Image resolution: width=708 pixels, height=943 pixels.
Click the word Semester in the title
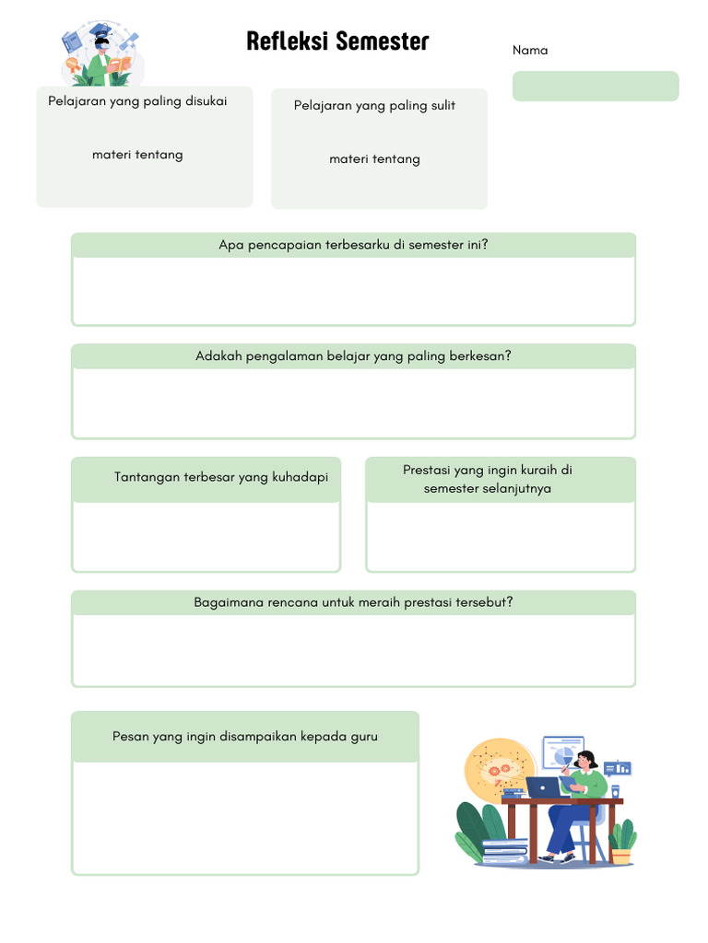pyautogui.click(x=383, y=41)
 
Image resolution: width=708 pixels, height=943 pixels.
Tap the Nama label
pyautogui.click(x=530, y=50)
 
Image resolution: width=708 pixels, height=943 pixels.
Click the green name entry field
pyautogui.click(x=596, y=86)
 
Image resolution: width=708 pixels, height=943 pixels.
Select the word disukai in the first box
pyautogui.click(x=206, y=100)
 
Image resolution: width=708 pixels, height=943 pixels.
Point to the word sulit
pyautogui.click(x=443, y=105)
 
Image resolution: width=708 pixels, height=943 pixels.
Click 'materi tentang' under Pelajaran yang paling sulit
pyautogui.click(x=374, y=158)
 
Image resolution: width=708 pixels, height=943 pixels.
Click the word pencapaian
pyautogui.click(x=285, y=245)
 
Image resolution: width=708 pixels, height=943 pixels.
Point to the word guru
pyautogui.click(x=364, y=737)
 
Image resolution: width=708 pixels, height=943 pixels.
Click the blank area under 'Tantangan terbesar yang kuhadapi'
pyautogui.click(x=206, y=537)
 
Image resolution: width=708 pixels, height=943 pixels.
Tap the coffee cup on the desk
pyautogui.click(x=615, y=791)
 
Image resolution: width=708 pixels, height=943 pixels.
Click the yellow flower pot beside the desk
pyautogui.click(x=621, y=856)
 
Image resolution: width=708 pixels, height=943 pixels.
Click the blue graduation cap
pyautogui.click(x=100, y=29)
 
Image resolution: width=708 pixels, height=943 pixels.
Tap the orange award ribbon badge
pyautogui.click(x=73, y=65)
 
